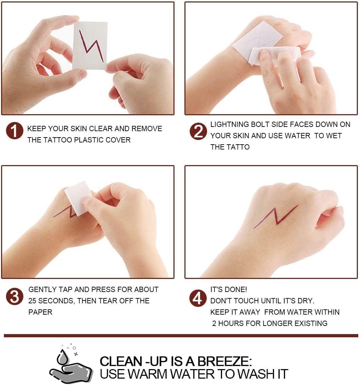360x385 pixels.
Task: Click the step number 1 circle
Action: [15, 130]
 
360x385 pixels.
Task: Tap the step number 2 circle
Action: [198, 132]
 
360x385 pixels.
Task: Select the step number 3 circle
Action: [15, 296]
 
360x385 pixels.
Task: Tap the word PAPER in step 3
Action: [40, 312]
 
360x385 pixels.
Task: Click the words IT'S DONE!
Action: [228, 290]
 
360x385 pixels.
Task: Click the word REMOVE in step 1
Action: [147, 129]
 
